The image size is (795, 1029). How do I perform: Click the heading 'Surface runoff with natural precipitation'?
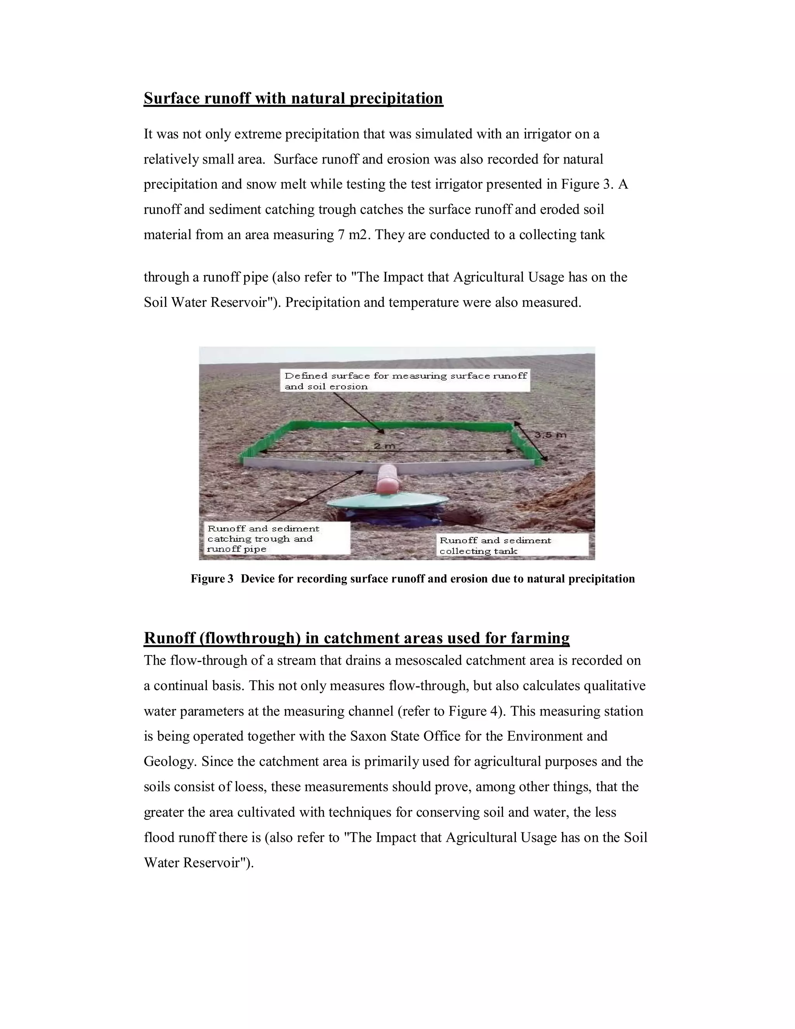point(293,99)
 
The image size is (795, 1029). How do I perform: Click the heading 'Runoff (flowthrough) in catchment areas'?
point(356,638)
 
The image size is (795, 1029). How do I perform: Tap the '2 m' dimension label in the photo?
point(384,446)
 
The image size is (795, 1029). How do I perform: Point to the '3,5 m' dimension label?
point(550,435)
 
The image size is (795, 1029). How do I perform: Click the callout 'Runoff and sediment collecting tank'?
point(512,546)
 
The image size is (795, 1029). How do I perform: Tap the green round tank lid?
point(388,503)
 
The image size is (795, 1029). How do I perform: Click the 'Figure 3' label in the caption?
point(212,579)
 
